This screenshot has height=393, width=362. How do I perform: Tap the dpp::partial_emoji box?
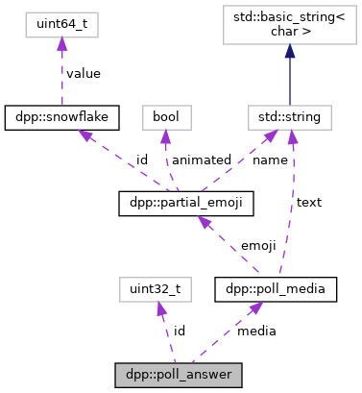pos(179,203)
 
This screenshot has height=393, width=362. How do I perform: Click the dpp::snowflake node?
pos(61,117)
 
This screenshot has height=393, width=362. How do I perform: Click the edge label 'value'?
pos(84,73)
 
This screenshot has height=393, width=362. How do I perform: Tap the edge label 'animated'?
pos(201,160)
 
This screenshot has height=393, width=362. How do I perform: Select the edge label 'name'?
pos(271,160)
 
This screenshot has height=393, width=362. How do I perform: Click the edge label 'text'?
pos(309,202)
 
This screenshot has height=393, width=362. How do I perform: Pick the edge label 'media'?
pos(256,331)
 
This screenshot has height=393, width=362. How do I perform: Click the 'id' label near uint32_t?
pos(179,331)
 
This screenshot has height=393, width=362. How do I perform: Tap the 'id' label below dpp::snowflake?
pos(140,160)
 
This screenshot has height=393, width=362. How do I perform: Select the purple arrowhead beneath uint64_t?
pos(61,42)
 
